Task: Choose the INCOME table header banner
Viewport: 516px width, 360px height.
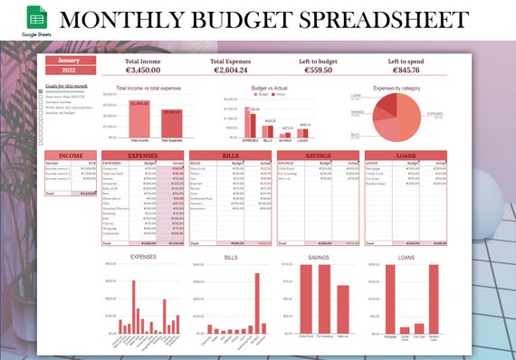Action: point(72,156)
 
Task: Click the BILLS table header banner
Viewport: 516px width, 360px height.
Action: point(232,156)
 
